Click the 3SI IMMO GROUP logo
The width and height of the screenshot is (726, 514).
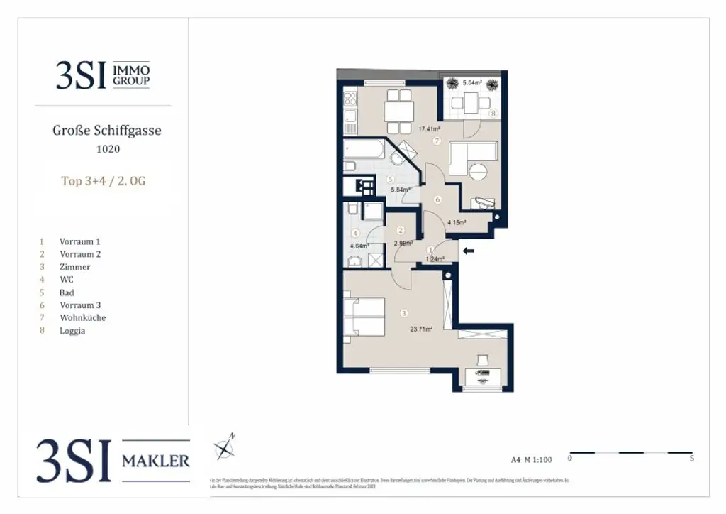[103, 75]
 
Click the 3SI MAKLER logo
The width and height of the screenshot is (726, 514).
[113, 460]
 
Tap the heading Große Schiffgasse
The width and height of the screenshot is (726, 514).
[107, 131]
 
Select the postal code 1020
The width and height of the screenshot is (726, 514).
[108, 149]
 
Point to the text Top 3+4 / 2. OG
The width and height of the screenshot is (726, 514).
[104, 181]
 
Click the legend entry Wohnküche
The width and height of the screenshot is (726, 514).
[82, 318]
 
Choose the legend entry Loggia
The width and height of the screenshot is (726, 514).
[72, 331]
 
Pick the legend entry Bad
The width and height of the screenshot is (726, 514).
[67, 292]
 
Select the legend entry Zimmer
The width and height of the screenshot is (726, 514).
[75, 267]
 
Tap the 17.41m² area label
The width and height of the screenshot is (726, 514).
[430, 129]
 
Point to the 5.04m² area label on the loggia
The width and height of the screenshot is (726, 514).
[472, 83]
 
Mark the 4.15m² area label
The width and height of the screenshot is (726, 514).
[457, 222]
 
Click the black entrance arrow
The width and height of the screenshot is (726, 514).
[468, 250]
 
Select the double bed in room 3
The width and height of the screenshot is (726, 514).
[364, 316]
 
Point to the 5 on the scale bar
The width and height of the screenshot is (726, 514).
[691, 459]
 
